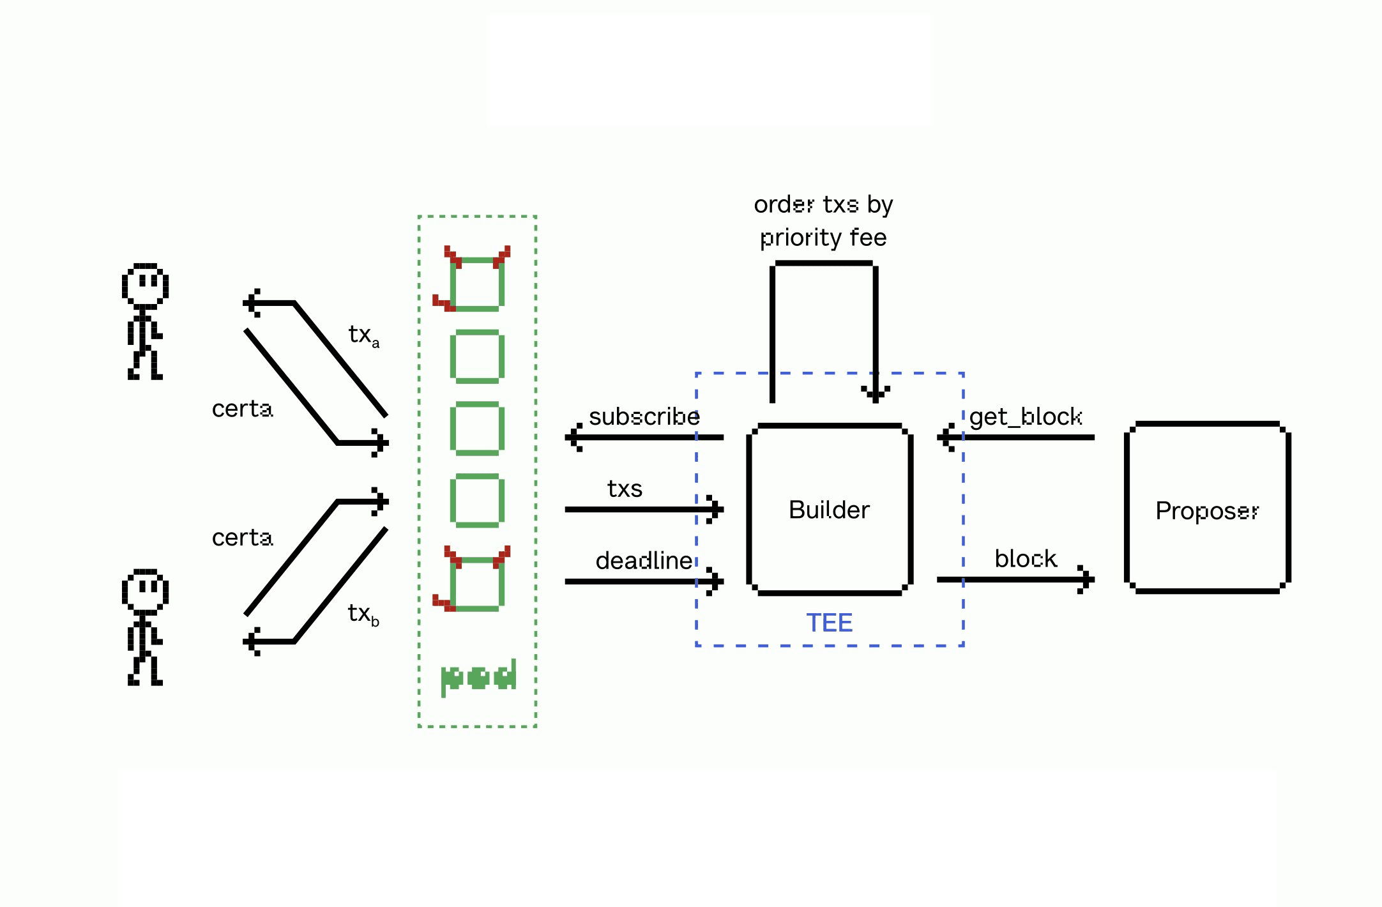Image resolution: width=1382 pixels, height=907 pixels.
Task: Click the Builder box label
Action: coord(829,510)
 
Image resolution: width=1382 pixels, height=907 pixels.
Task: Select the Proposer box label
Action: coord(1206,511)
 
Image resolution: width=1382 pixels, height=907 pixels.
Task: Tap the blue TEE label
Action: coord(829,623)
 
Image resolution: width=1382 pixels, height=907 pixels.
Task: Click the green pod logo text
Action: coord(478,677)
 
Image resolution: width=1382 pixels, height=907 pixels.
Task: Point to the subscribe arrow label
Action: coord(644,416)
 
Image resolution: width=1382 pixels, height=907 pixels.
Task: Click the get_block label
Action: coord(1025,417)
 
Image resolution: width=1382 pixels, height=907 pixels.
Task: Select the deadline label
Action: coord(644,560)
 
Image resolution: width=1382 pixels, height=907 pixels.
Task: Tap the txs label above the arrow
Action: coord(625,489)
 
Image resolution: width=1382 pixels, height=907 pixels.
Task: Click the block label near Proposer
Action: coord(1026,559)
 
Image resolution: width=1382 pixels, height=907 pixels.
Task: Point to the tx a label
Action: coord(363,335)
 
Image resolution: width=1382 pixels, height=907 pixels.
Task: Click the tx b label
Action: coord(363,614)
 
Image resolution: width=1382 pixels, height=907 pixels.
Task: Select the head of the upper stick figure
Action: coord(146,284)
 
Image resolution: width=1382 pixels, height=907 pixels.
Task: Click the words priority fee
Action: coord(823,238)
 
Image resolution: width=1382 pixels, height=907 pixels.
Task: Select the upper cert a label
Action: coord(242,409)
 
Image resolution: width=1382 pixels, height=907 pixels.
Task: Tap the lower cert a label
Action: coord(242,538)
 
